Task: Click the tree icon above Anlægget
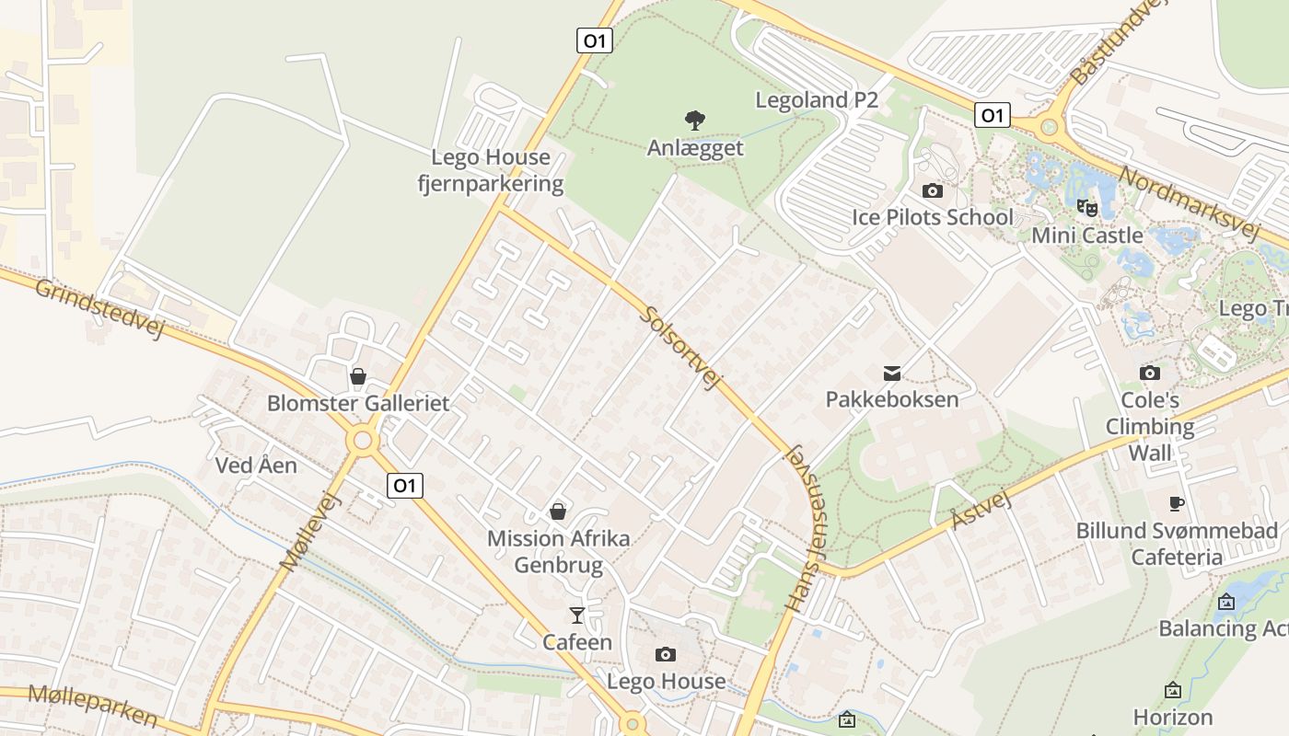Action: (694, 120)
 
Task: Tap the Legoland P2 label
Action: (817, 100)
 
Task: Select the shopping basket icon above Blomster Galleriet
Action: (357, 376)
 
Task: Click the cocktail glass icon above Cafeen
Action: (577, 615)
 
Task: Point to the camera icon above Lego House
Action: (665, 654)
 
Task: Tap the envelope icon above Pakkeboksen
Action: (891, 373)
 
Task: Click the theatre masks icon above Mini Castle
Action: (1086, 208)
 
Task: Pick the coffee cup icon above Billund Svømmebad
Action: (1176, 503)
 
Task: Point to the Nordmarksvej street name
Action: (1189, 203)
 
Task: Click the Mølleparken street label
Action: (93, 707)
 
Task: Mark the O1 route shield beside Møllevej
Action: (404, 486)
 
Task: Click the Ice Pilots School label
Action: (932, 218)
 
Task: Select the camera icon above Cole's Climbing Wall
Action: (1149, 373)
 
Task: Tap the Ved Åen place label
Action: (256, 466)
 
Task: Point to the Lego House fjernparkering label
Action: (491, 170)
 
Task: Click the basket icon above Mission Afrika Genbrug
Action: (557, 512)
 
